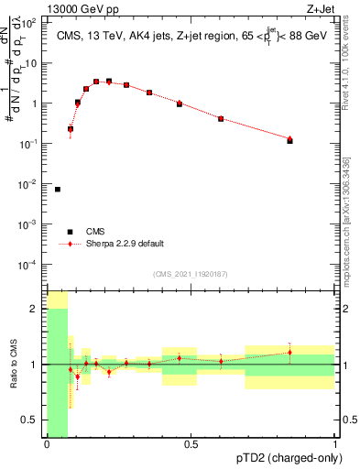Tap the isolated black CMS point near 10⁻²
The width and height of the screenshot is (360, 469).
pos(58,190)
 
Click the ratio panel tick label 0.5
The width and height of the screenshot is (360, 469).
pos(33,420)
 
